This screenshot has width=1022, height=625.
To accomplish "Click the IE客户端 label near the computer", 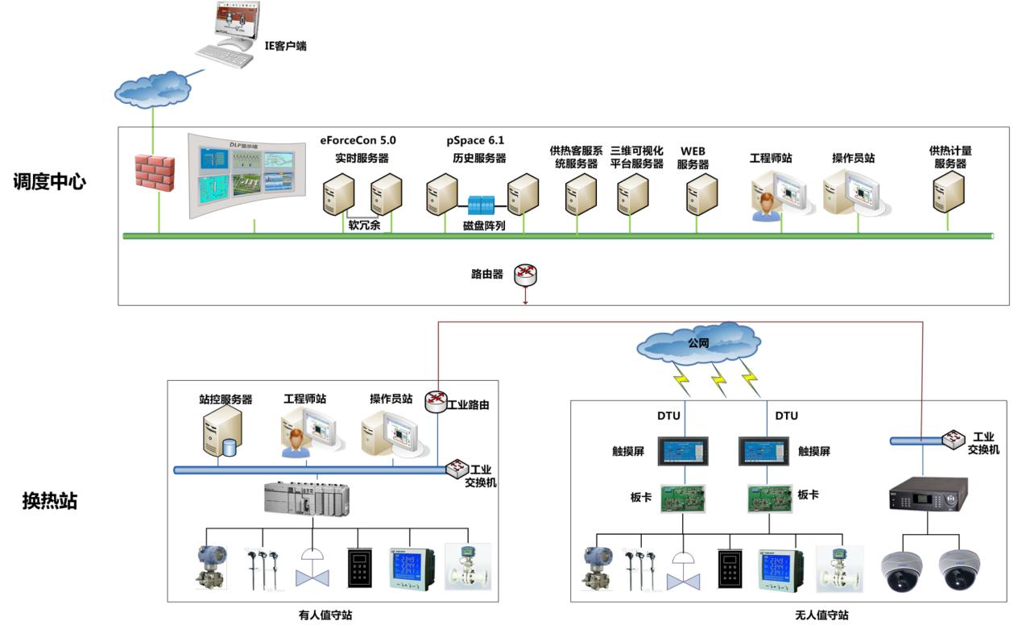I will tap(286, 46).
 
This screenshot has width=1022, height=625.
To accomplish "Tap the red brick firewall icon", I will tap(155, 171).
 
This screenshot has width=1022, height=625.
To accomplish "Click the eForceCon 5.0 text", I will tap(358, 140).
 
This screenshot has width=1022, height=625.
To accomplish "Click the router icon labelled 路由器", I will tap(526, 274).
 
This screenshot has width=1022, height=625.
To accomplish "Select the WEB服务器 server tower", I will tap(701, 193).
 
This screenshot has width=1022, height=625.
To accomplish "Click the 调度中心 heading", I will tap(49, 181).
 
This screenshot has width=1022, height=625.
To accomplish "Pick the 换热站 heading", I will tap(49, 501).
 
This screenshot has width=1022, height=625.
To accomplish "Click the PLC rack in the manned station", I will tap(307, 499).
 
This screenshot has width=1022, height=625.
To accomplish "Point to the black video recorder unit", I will tap(927, 495).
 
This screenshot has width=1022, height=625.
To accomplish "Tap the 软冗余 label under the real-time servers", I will tap(364, 226).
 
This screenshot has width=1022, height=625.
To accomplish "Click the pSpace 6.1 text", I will tap(476, 140).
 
